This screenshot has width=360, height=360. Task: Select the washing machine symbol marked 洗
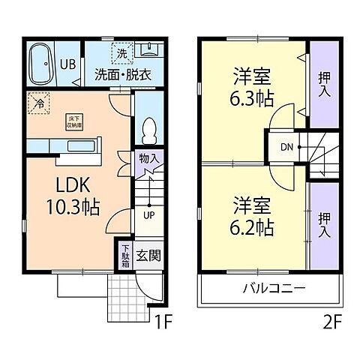(x=121, y=52)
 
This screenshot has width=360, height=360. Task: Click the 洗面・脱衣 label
(x=121, y=74)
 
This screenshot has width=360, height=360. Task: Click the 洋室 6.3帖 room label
(x=251, y=86)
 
